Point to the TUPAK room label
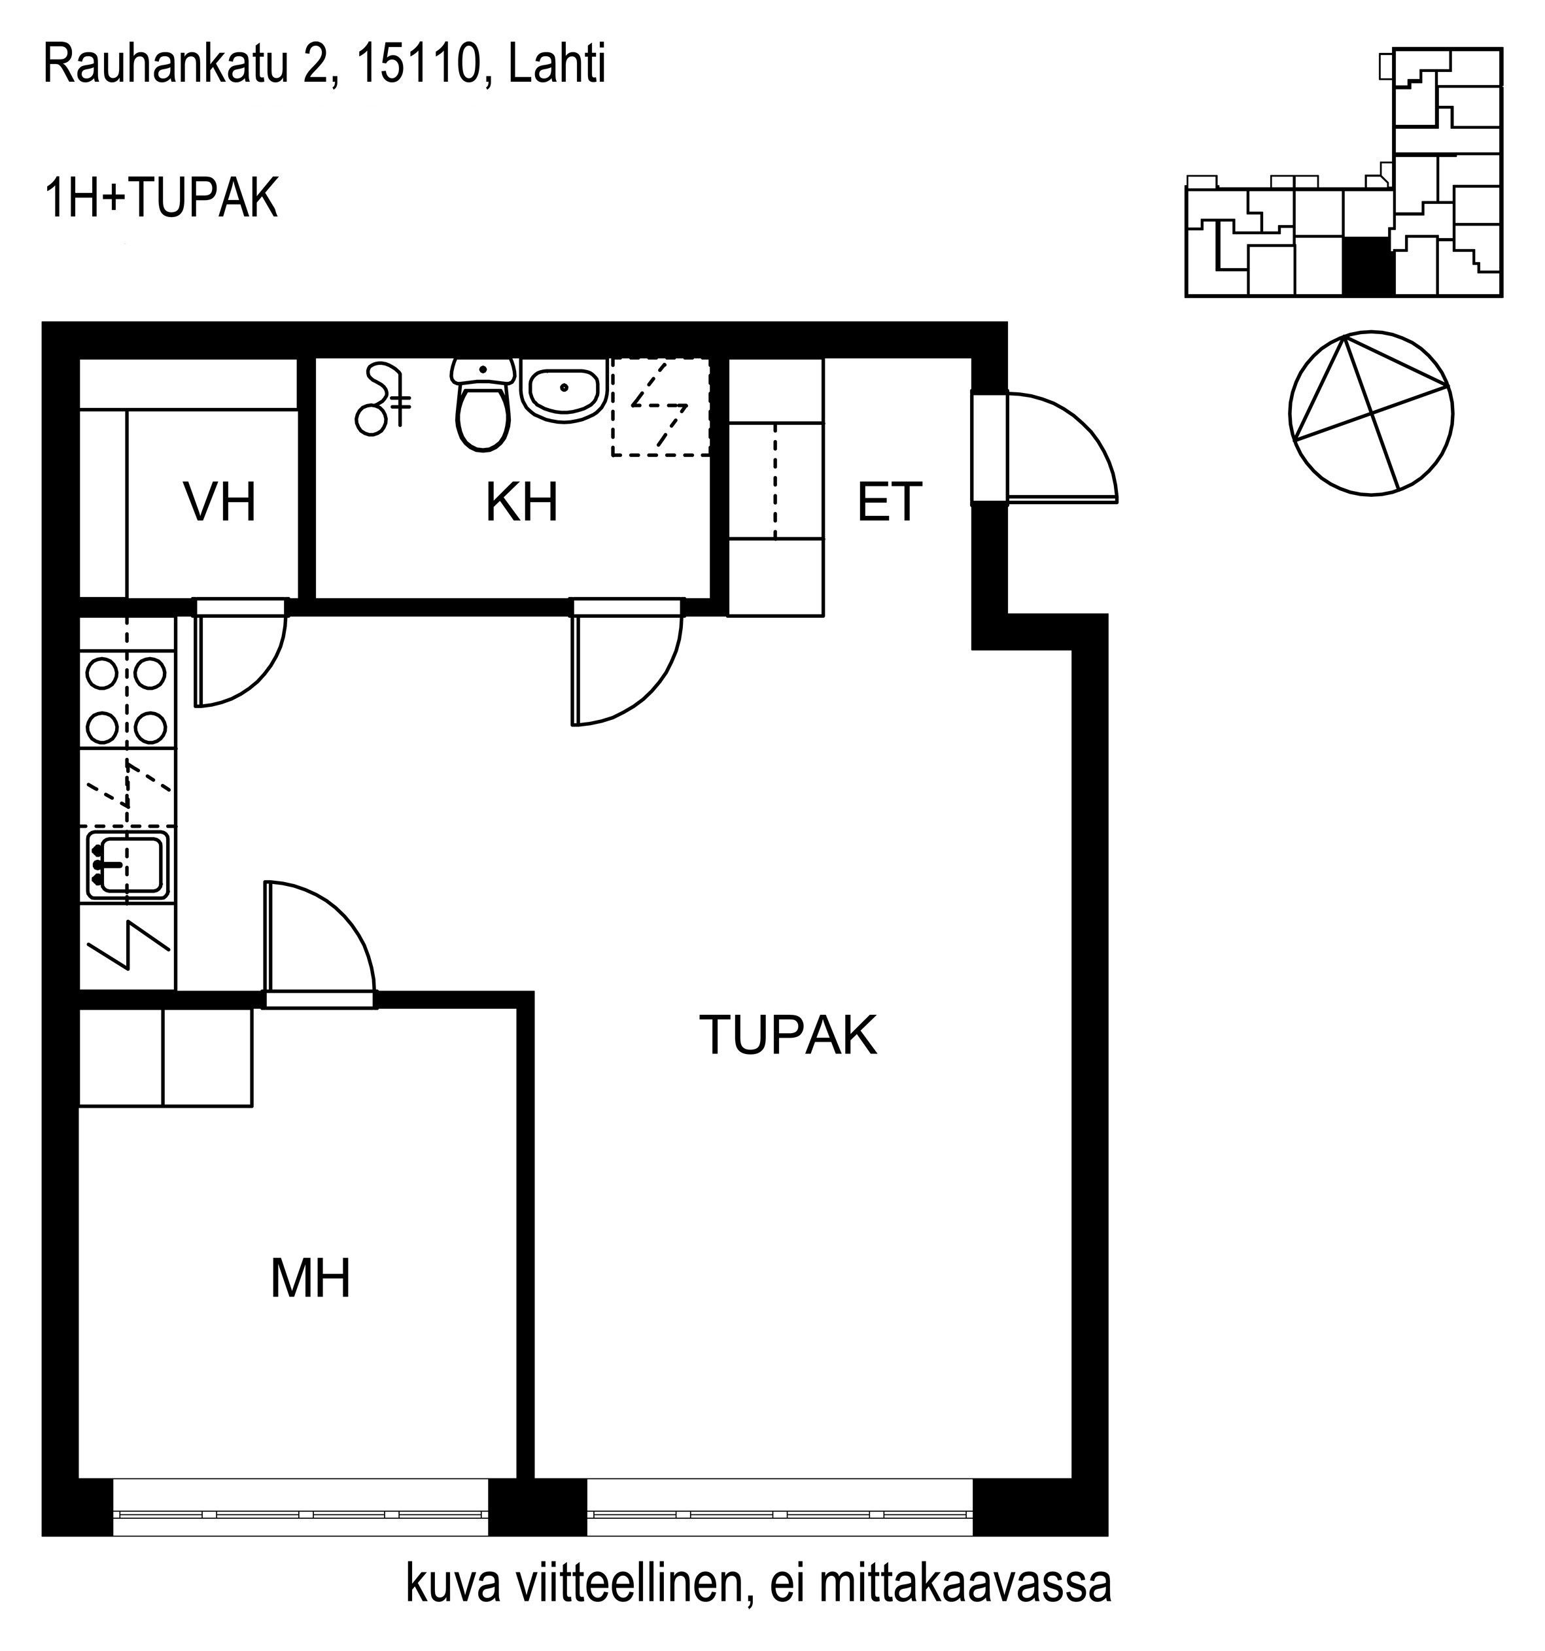(788, 1035)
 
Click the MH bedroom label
(311, 1278)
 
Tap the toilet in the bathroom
(482, 405)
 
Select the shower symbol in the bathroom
(382, 400)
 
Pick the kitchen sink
(128, 867)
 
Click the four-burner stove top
(127, 698)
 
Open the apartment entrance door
(1059, 447)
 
